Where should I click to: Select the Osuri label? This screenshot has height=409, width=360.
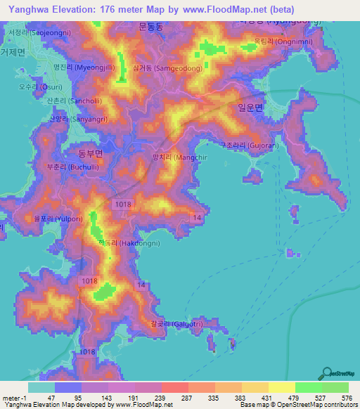click(32, 87)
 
